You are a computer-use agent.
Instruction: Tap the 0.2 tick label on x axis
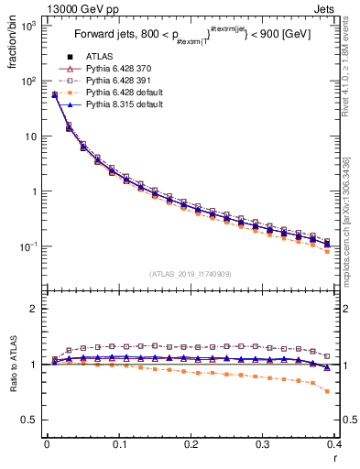pos(191,445)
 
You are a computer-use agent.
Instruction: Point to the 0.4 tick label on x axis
pos(335,445)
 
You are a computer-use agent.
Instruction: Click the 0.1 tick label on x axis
pos(119,445)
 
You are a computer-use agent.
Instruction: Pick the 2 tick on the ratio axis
pos(34,309)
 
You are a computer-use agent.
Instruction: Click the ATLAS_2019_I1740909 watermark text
pos(191,273)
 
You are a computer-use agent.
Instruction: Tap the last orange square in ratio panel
pos(328,391)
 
